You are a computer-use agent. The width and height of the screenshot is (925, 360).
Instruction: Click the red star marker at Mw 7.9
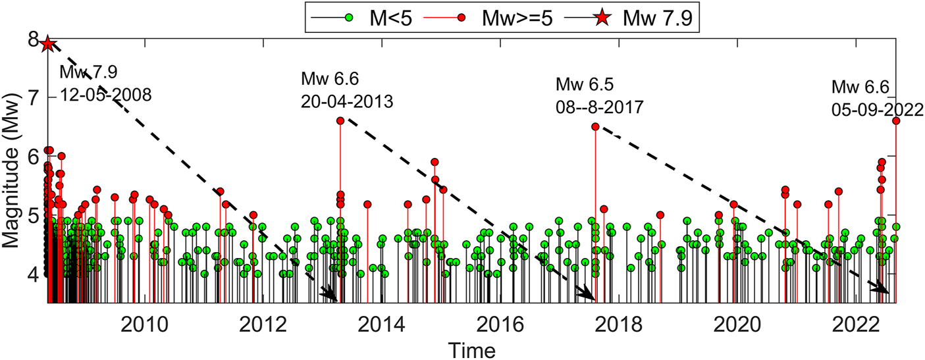[x=47, y=44]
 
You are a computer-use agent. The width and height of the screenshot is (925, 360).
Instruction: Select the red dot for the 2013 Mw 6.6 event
[x=340, y=120]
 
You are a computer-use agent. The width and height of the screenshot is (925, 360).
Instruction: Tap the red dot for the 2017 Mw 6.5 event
[x=595, y=126]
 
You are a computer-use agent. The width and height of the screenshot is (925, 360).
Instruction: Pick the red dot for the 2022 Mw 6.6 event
[x=896, y=120]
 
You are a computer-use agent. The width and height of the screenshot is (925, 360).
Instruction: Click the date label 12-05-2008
[x=106, y=95]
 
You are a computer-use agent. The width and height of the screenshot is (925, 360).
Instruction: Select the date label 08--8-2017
[x=599, y=107]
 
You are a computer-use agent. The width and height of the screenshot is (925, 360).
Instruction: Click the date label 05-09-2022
[x=877, y=109]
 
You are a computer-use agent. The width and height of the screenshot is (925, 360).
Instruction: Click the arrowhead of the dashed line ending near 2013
[x=329, y=296]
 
